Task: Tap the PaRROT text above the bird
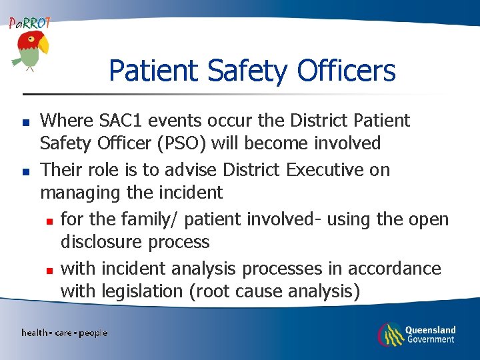pyautogui.click(x=29, y=23)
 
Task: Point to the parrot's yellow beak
pyautogui.click(x=44, y=45)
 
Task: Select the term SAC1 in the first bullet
pyautogui.click(x=122, y=121)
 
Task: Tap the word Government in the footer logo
pyautogui.click(x=430, y=339)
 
